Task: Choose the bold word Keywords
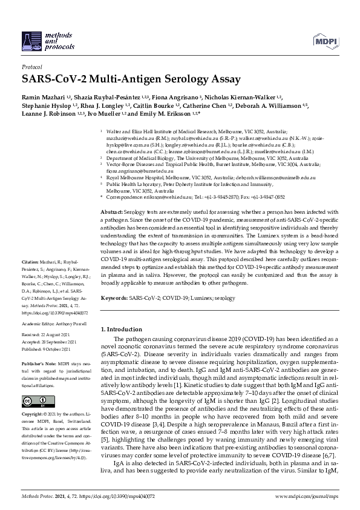coord(114,299)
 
